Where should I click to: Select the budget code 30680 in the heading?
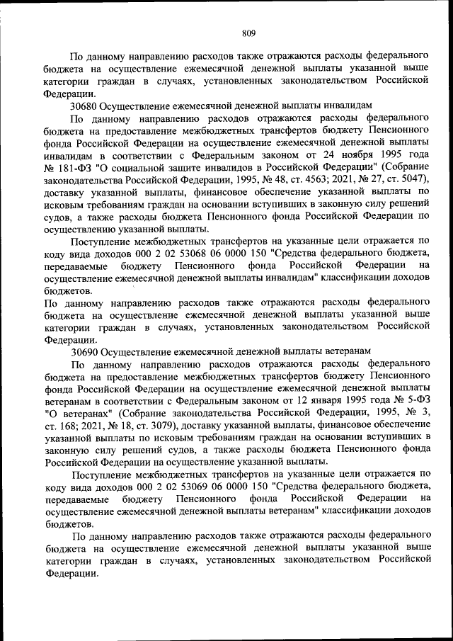point(84,105)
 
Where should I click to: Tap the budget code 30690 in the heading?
point(84,351)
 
